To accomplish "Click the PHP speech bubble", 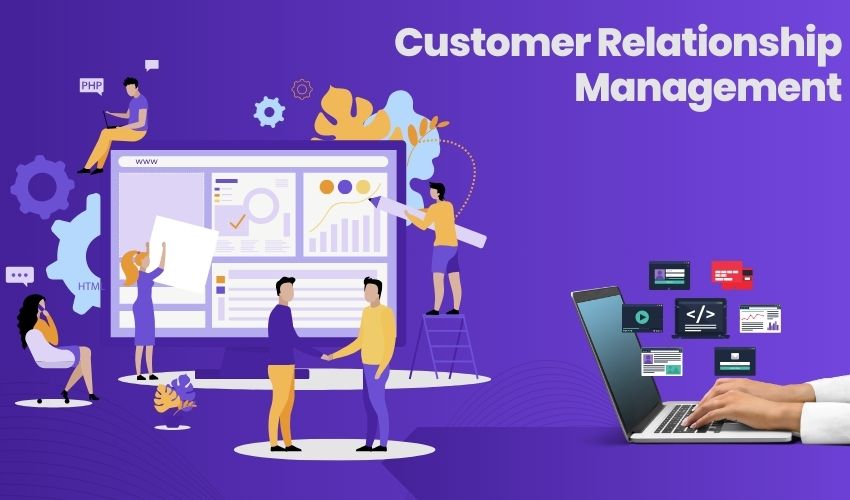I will (x=91, y=86).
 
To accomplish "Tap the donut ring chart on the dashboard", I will (x=262, y=205).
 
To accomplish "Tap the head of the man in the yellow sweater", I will (x=373, y=291).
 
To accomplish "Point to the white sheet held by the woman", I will (x=182, y=251).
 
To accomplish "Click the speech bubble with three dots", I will (x=19, y=275).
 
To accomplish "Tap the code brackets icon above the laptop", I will (x=700, y=315).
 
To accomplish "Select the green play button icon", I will (x=642, y=318).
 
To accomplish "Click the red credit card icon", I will (x=731, y=274).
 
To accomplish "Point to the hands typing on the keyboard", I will (x=740, y=405).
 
